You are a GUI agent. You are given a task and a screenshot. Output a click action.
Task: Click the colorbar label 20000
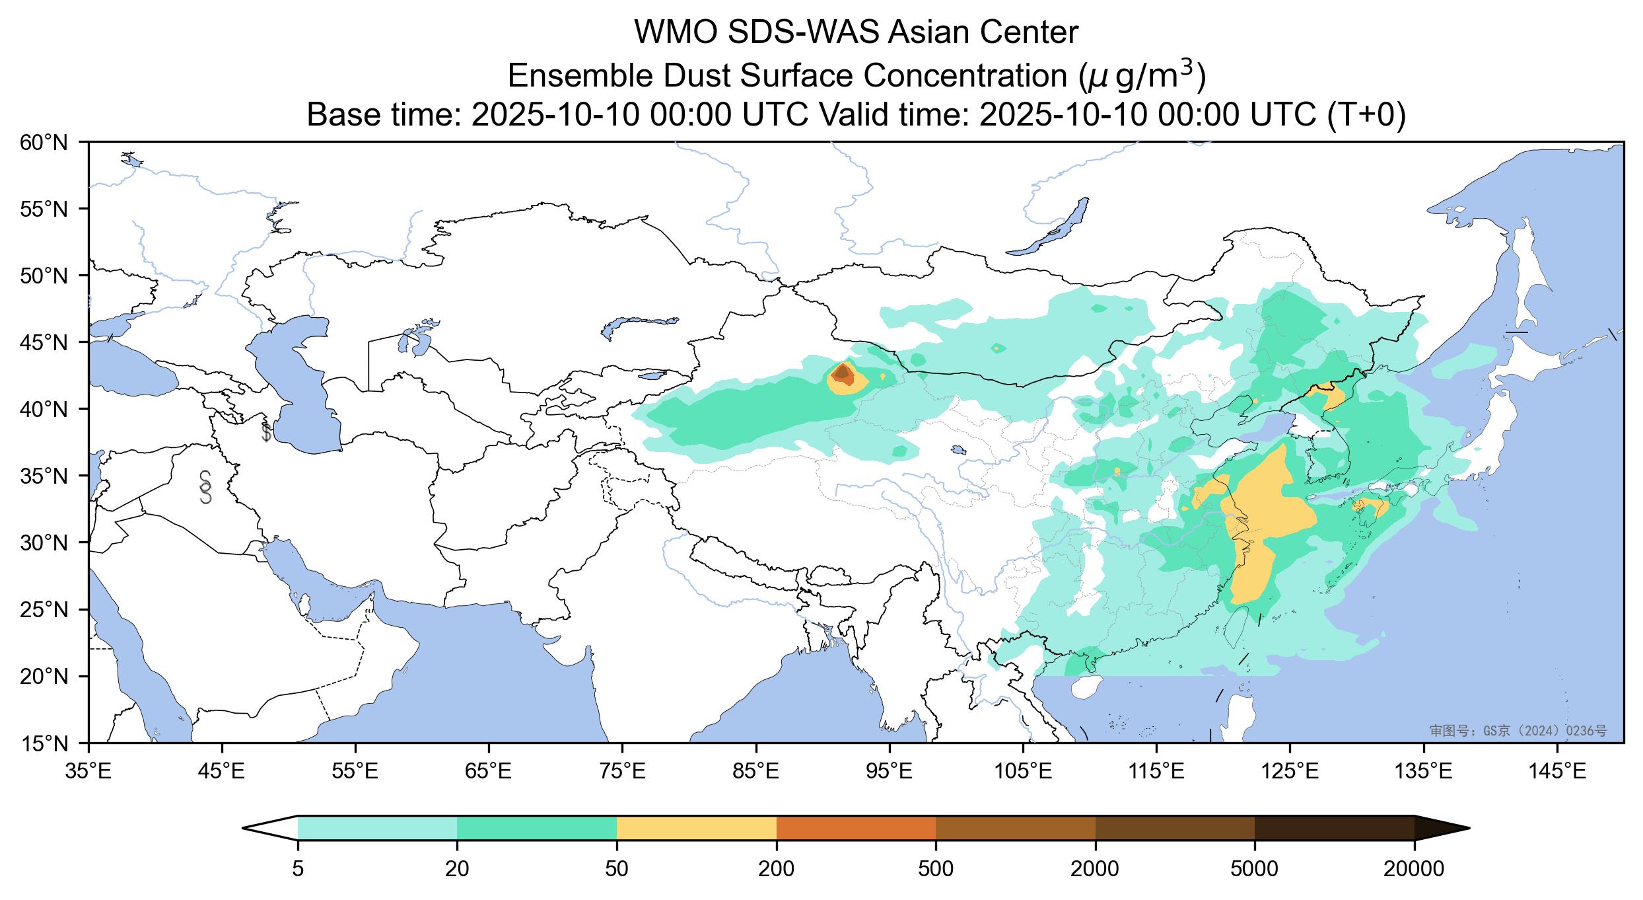1414,870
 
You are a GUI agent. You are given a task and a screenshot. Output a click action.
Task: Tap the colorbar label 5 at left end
298,870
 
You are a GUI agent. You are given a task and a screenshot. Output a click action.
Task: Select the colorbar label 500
936,870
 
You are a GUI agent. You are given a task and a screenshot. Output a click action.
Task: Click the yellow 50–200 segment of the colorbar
696,828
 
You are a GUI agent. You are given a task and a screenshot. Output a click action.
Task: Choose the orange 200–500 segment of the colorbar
856,828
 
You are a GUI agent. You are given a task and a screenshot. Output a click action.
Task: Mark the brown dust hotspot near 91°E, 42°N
842,374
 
